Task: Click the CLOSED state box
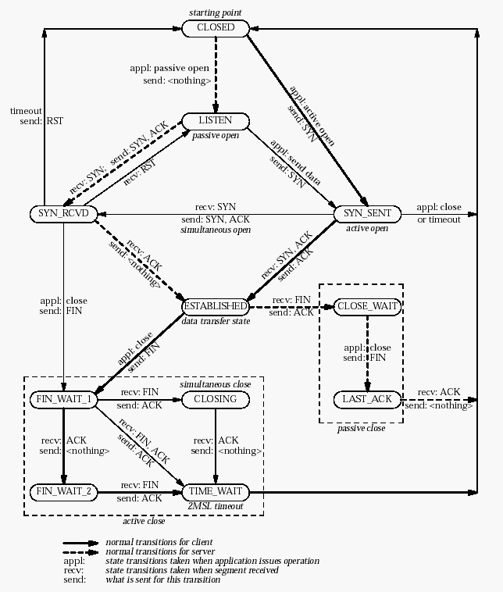coord(215,28)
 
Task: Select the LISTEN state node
coord(215,121)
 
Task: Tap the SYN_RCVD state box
coord(62,213)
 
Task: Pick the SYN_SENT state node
coord(367,213)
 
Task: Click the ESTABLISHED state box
coord(215,306)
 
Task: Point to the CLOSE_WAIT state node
coord(367,306)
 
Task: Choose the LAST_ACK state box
coord(367,399)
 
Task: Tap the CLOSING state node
coord(215,399)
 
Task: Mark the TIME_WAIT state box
coord(215,492)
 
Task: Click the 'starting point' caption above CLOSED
coord(215,12)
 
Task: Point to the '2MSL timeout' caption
coord(215,507)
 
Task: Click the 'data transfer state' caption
coord(215,321)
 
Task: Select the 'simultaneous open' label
coord(215,231)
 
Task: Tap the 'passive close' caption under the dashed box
coord(360,429)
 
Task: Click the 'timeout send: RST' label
coord(26,116)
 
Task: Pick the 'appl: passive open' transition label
coord(169,68)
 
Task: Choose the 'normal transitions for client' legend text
coord(159,541)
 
